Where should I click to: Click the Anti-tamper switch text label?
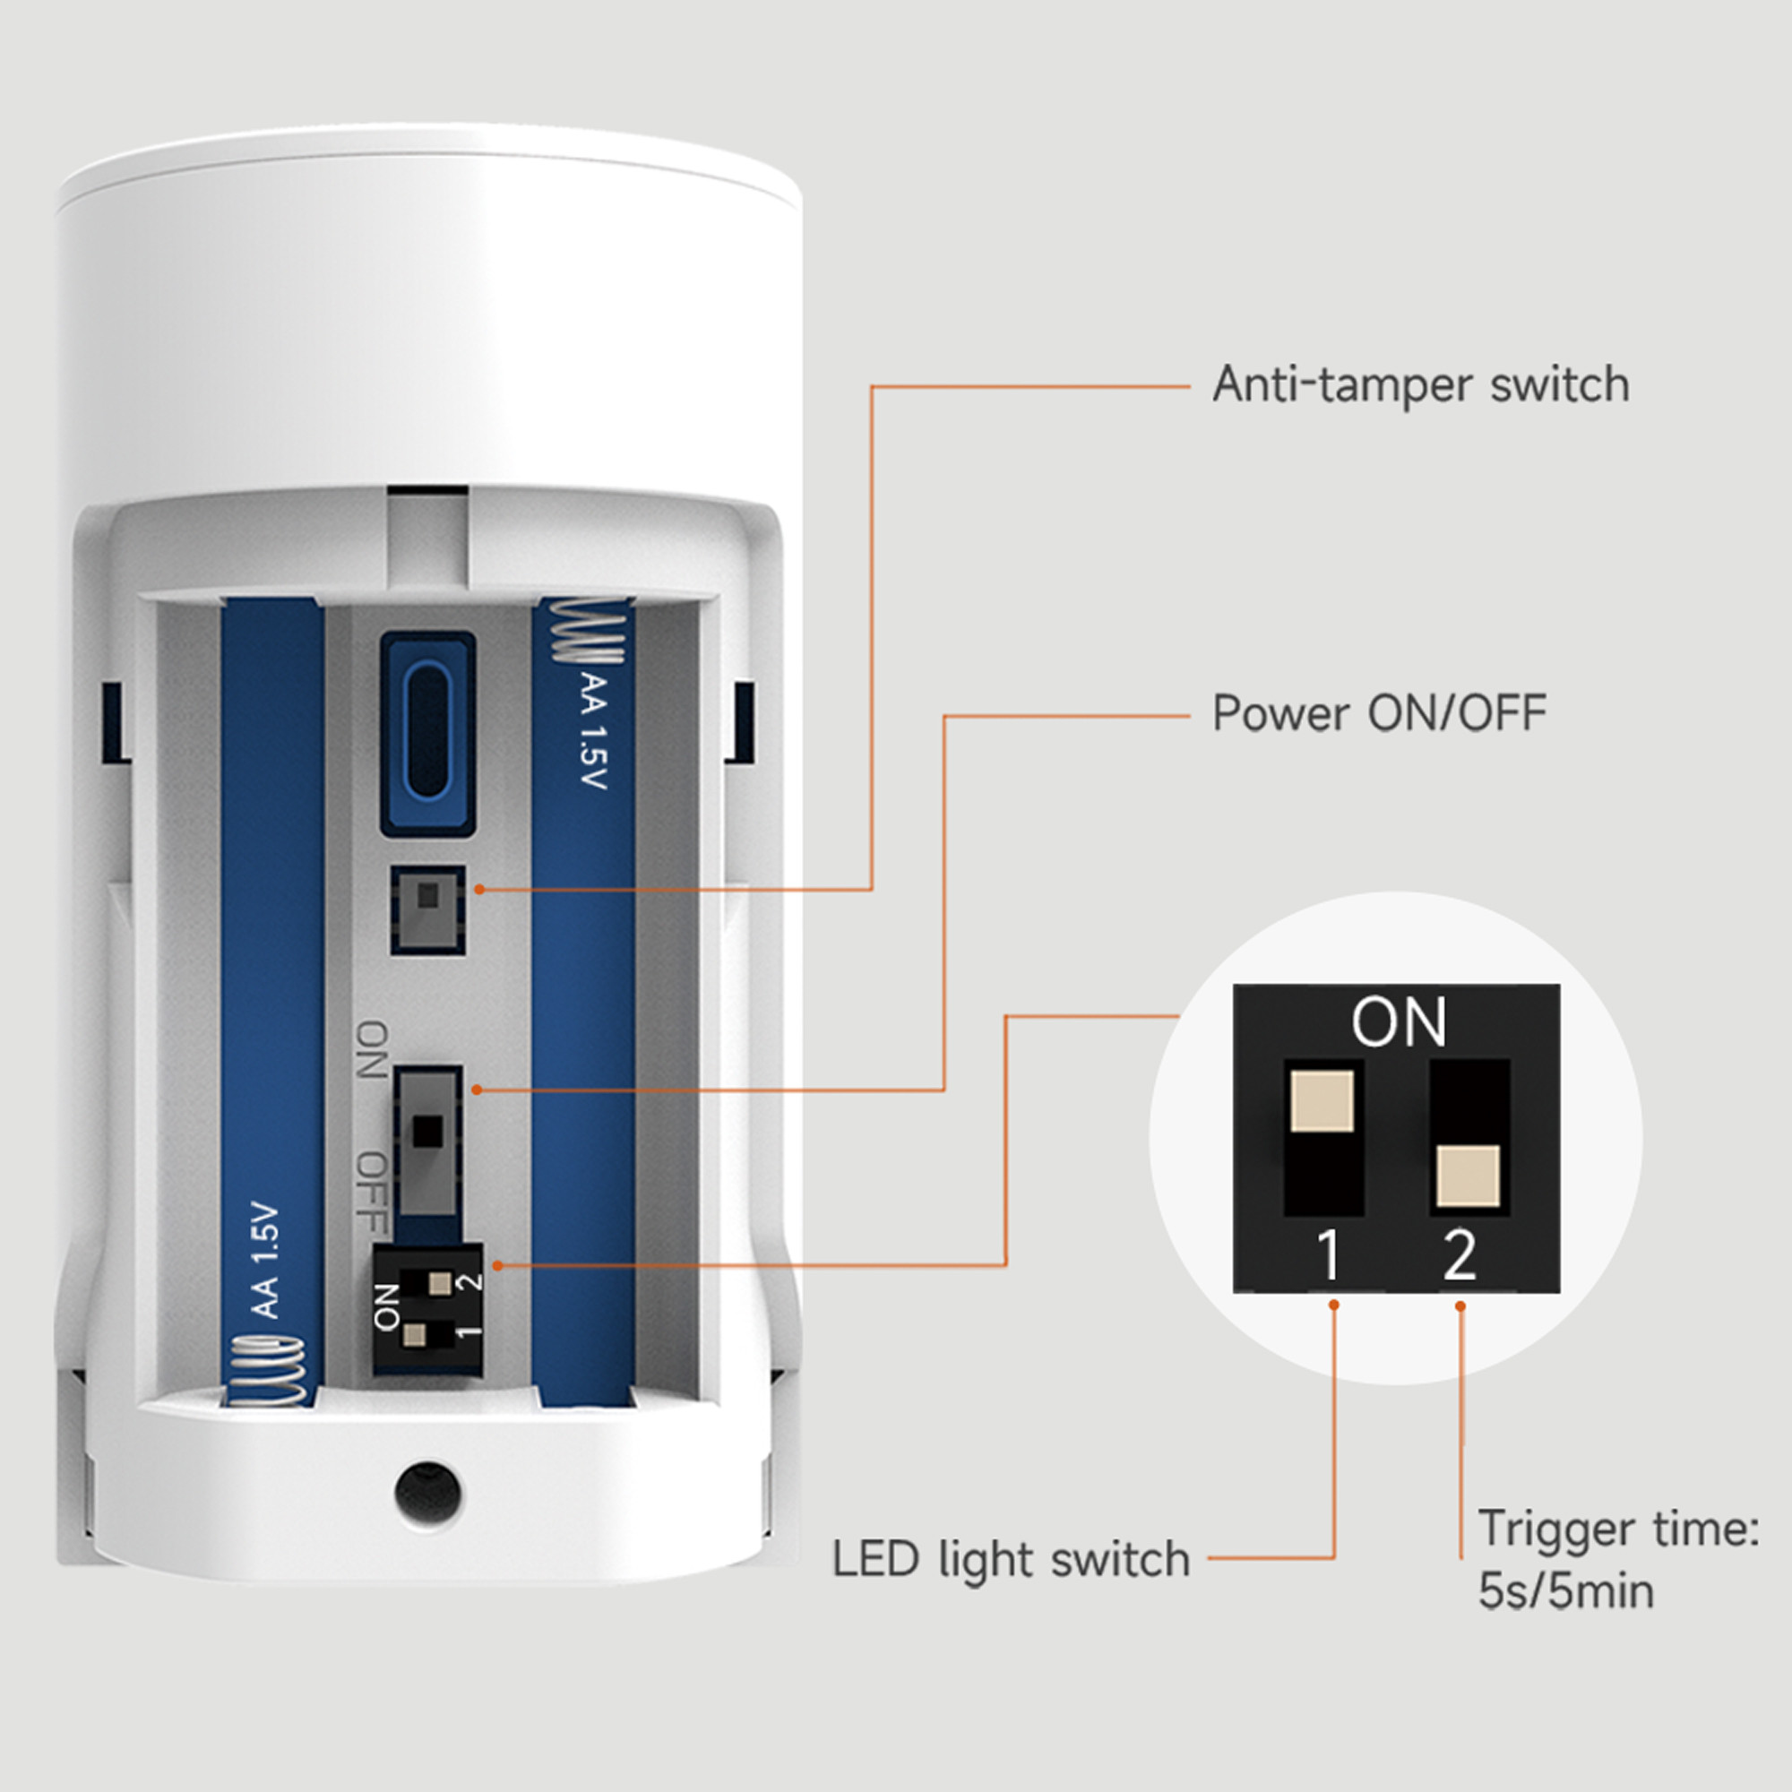pyautogui.click(x=1420, y=385)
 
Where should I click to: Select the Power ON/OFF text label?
pyautogui.click(x=1378, y=713)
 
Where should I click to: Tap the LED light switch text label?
pyautogui.click(x=1010, y=1559)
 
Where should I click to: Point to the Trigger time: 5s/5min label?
pyautogui.click(x=1616, y=1560)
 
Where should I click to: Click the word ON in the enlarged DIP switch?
pyautogui.click(x=1398, y=1023)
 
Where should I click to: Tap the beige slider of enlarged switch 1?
pyautogui.click(x=1322, y=1101)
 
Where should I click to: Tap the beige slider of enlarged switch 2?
pyautogui.click(x=1468, y=1176)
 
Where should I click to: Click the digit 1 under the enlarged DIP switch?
pyautogui.click(x=1329, y=1256)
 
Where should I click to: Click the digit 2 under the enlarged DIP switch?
pyautogui.click(x=1460, y=1256)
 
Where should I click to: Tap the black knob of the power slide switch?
pyautogui.click(x=427, y=1130)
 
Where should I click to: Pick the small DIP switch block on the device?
pyautogui.click(x=427, y=1309)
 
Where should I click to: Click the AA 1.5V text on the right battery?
pyautogui.click(x=592, y=732)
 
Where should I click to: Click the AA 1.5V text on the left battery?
pyautogui.click(x=265, y=1261)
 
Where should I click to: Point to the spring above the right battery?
pyautogui.click(x=589, y=631)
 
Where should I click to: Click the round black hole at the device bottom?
pyautogui.click(x=427, y=1493)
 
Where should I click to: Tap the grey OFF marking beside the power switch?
pyautogui.click(x=372, y=1192)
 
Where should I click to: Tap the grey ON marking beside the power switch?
pyautogui.click(x=372, y=1049)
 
